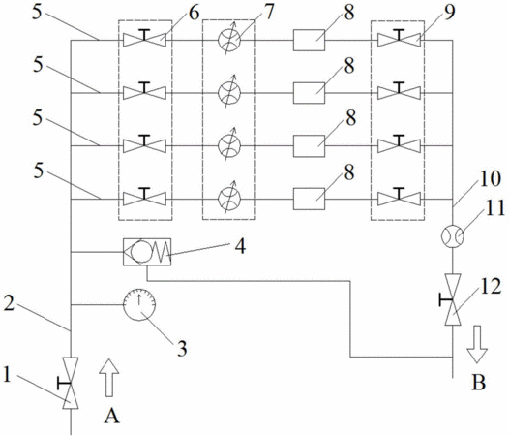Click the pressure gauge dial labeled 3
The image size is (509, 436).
(139, 304)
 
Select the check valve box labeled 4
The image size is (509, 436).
(147, 252)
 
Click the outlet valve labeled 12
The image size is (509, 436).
(452, 299)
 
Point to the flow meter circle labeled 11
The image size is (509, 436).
(453, 236)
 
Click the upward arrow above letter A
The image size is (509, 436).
(109, 378)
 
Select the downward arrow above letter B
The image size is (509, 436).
(477, 344)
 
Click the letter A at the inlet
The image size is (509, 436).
(111, 416)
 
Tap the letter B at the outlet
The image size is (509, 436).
(478, 383)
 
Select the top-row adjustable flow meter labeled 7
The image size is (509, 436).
(229, 40)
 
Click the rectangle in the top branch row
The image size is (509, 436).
(309, 40)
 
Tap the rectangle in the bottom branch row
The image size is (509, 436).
(309, 199)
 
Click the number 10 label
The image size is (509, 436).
(489, 179)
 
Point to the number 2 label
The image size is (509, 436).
(9, 303)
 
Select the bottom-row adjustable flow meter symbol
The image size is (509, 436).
(229, 198)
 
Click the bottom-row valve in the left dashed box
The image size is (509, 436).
(144, 198)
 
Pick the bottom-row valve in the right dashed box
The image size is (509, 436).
(399, 198)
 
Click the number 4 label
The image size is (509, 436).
(240, 246)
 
